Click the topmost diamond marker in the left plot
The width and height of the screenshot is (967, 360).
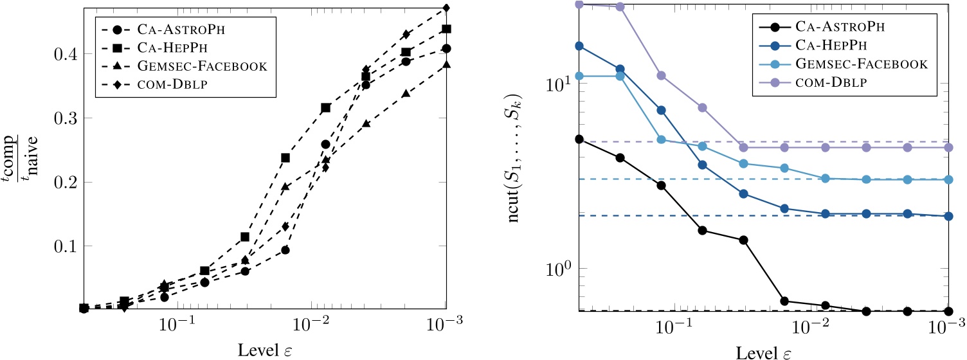pyautogui.click(x=446, y=8)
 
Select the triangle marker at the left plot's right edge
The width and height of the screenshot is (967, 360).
pyautogui.click(x=446, y=64)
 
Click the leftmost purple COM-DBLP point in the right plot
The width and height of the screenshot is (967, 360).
pyautogui.click(x=579, y=4)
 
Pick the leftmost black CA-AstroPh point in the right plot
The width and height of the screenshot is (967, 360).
pyautogui.click(x=579, y=139)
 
